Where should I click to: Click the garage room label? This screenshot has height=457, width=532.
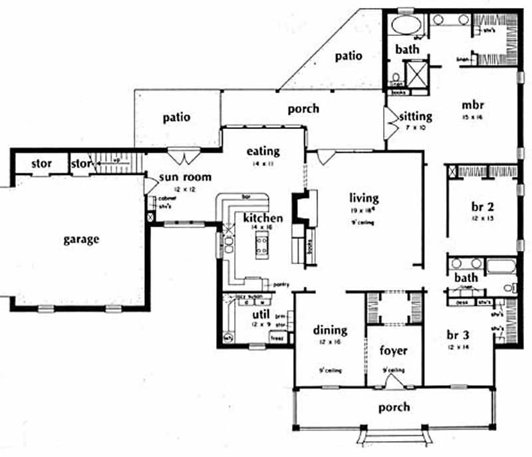[82, 239]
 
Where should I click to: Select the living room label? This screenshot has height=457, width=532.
[364, 198]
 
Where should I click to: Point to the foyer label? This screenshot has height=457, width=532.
[393, 351]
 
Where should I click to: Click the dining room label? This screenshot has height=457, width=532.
[330, 331]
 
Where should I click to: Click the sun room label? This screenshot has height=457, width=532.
[184, 177]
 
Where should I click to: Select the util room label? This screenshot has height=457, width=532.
[259, 315]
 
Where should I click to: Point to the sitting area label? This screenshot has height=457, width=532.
[416, 116]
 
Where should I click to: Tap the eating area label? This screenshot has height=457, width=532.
[263, 151]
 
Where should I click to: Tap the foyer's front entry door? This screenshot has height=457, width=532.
[393, 382]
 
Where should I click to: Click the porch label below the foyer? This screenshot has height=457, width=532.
[394, 407]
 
